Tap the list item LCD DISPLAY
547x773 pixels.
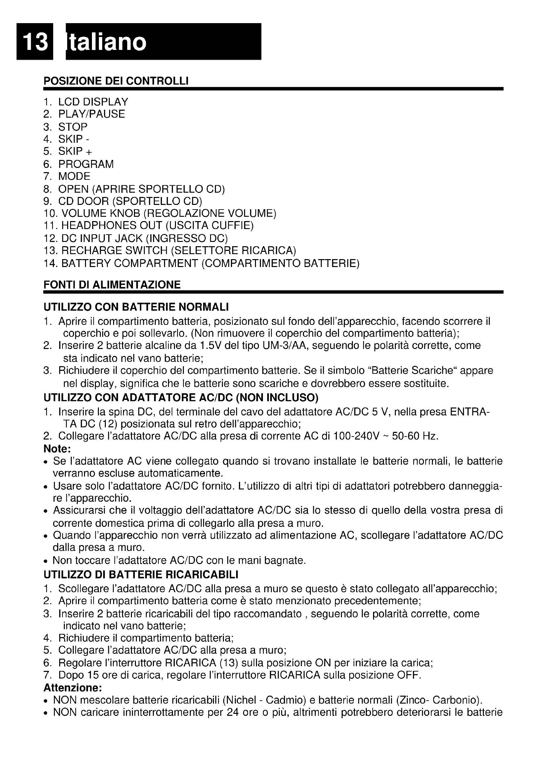click(93, 102)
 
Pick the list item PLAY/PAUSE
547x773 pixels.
click(91, 114)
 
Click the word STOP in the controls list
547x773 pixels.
click(73, 127)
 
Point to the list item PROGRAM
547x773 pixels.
click(86, 164)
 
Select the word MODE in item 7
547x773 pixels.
click(74, 176)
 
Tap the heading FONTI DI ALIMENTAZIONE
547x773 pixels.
click(112, 285)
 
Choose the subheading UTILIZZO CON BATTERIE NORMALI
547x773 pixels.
click(136, 307)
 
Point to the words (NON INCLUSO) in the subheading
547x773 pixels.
click(277, 398)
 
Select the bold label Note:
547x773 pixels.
click(57, 449)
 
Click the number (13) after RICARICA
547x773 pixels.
click(229, 663)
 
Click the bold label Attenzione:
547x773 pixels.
click(73, 687)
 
